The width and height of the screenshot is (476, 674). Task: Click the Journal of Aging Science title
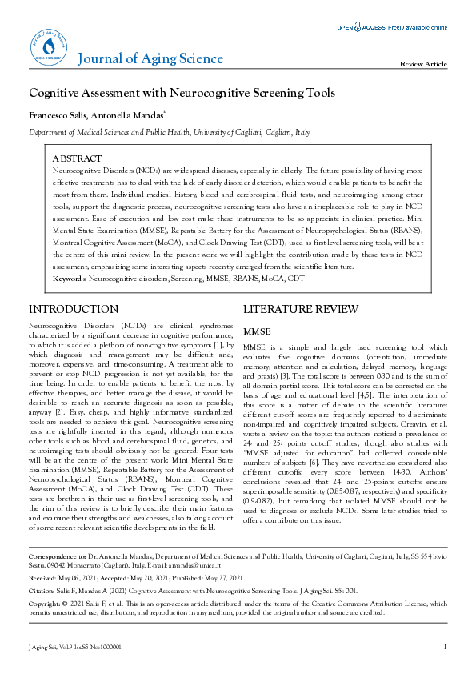[x=150, y=58]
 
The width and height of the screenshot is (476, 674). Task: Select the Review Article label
[x=423, y=64]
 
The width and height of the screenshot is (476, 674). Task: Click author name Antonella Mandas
[x=133, y=117]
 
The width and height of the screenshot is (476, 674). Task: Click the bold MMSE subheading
[x=257, y=330]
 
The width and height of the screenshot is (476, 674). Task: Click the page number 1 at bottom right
[x=444, y=646]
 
